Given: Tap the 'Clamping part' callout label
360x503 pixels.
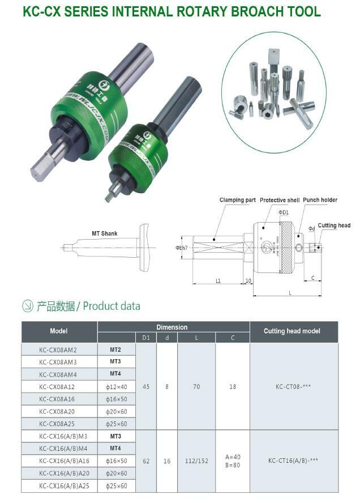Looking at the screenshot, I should pos(238,200).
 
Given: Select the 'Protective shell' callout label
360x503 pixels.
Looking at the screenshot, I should pos(280,200).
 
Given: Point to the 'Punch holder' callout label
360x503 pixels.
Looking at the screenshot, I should pos(320,200).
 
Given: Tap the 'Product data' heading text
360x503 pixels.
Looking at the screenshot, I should pos(112,306).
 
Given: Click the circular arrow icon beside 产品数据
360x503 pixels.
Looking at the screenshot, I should pos(28,306).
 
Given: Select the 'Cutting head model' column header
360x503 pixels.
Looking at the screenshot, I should pos(292,331).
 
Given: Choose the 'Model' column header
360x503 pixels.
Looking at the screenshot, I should pos(59,331).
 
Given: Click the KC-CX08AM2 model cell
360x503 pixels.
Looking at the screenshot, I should pos(58,349).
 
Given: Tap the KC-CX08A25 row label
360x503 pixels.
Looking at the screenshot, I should pos(58,424).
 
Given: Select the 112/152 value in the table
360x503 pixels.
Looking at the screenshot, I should pos(196,461).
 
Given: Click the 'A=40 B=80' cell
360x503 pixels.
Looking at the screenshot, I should pos(233,461).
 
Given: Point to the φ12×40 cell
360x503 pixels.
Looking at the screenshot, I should pos(116,387).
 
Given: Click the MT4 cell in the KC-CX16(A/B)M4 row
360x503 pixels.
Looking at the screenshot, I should pos(116,449).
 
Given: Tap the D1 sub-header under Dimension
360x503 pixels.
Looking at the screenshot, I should pos(146,338).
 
